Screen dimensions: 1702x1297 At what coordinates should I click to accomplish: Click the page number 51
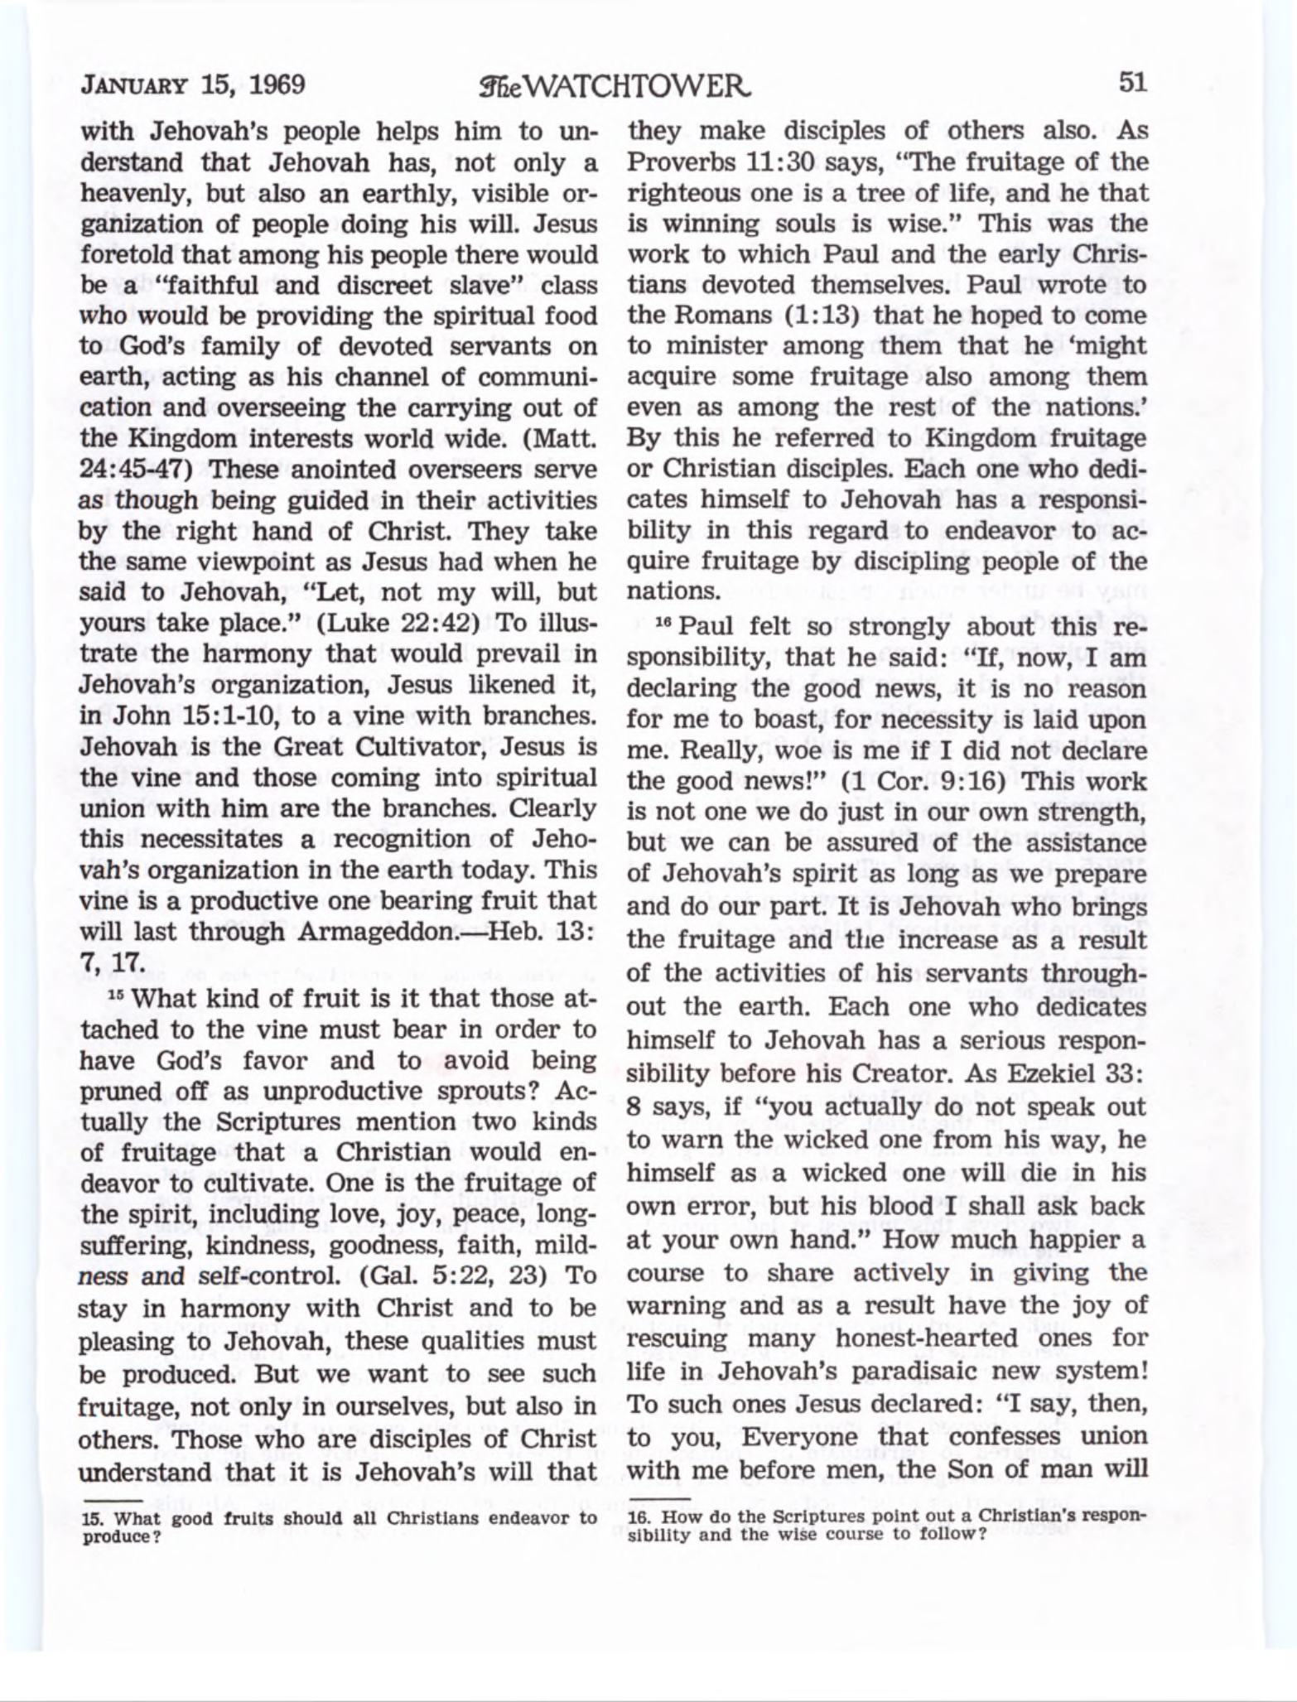(x=1131, y=83)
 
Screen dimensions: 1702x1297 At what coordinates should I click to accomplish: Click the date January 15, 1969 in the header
(x=193, y=85)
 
